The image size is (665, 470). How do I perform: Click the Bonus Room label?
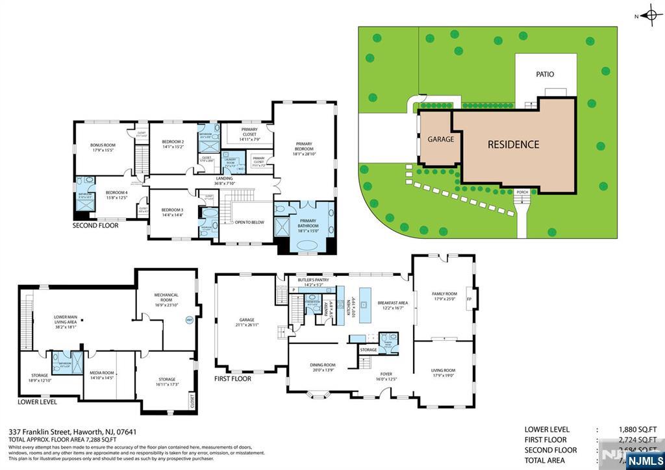[x=103, y=147]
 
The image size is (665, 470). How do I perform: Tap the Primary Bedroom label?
[x=304, y=146]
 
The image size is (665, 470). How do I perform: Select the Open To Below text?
[x=249, y=222]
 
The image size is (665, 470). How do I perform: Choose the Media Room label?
[x=101, y=375]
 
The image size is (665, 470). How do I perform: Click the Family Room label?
[x=445, y=296]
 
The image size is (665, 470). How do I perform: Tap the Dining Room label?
[x=323, y=367]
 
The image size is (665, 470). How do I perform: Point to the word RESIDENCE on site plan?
[x=513, y=144]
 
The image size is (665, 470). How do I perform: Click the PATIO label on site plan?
[x=545, y=74]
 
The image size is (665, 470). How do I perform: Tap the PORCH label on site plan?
[x=522, y=192]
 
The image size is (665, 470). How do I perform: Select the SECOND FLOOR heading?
[x=95, y=226]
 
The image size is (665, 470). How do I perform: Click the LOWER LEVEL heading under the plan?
[x=38, y=402]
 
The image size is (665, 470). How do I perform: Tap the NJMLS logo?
[x=642, y=460]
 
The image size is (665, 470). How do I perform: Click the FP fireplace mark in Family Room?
[x=469, y=299]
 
